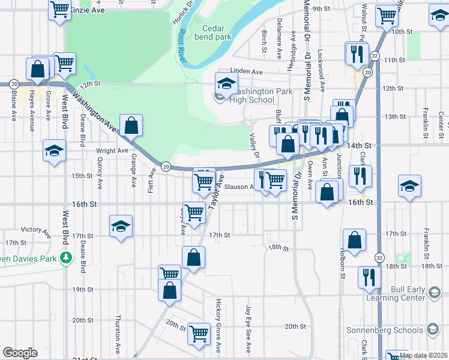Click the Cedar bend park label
click(217, 32)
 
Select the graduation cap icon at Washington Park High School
click(226, 83)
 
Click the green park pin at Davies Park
click(66, 259)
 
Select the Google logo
click(20, 352)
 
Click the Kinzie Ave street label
click(87, 11)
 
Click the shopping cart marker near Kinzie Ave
click(59, 10)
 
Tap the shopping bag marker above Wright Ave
click(131, 126)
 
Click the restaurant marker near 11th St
click(356, 53)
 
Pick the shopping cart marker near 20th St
click(199, 333)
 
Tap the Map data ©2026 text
click(423, 355)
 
